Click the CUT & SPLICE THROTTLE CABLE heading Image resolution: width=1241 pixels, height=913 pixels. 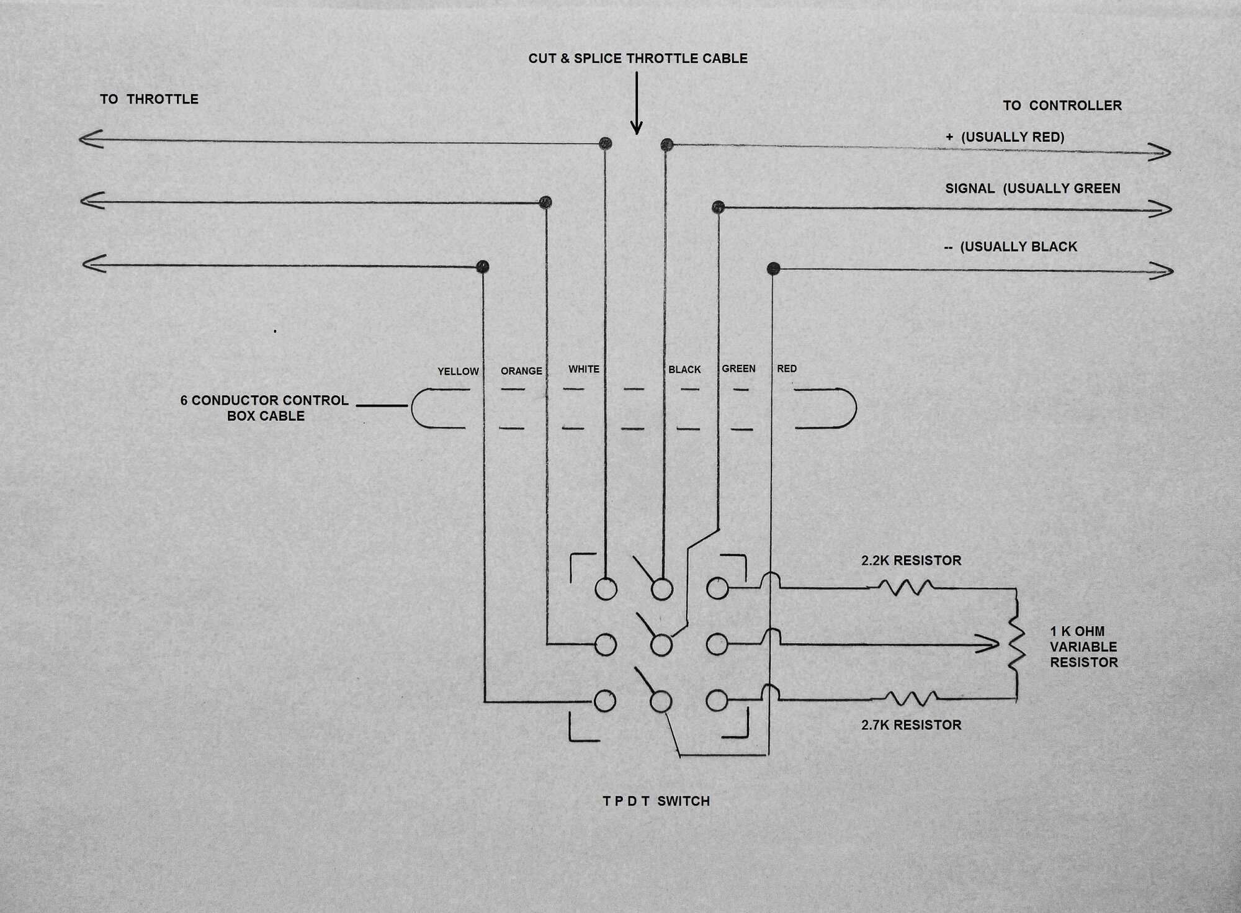(x=638, y=59)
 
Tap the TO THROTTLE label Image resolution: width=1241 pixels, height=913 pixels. (x=149, y=99)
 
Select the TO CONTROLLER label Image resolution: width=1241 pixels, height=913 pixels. (x=1062, y=106)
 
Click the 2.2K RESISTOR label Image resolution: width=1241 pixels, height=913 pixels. (x=911, y=560)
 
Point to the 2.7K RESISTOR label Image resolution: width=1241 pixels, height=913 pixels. (x=911, y=724)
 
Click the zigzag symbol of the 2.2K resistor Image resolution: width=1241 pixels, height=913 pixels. (x=905, y=587)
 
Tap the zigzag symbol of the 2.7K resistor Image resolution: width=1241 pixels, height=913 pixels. (x=910, y=698)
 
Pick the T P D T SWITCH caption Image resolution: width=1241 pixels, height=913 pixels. (x=656, y=801)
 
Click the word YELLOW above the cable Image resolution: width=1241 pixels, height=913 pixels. (x=458, y=371)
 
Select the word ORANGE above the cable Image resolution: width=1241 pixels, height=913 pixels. (x=521, y=371)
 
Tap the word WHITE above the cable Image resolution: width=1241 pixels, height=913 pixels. (x=584, y=369)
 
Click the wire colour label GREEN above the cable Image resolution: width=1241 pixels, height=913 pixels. (x=738, y=369)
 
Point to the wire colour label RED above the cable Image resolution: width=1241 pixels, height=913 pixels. (x=787, y=369)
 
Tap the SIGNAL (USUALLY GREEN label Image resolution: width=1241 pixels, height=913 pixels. (x=1033, y=189)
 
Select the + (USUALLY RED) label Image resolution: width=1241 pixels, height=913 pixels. (x=1005, y=137)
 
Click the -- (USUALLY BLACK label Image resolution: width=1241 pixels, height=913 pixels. (x=1010, y=247)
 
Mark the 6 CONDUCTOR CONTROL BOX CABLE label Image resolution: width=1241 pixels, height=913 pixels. (x=265, y=408)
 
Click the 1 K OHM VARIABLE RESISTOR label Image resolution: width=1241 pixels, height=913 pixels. (x=1083, y=646)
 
